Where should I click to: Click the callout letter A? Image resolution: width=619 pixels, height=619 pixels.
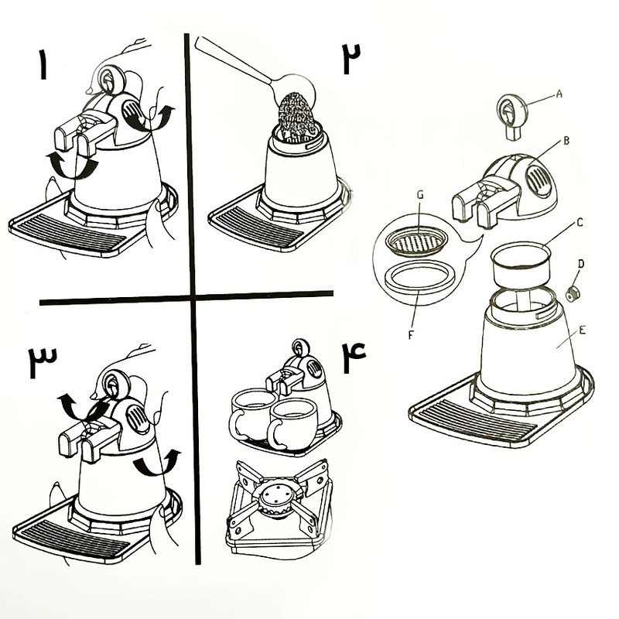coord(559,94)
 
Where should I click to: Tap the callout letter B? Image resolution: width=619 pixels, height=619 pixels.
coord(566,141)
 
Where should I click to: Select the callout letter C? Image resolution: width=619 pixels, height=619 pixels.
coord(580,223)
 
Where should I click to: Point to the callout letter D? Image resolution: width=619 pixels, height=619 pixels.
coord(580,264)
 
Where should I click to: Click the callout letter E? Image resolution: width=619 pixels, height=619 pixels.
coord(582,330)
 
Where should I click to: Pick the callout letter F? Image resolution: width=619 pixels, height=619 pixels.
coord(411,335)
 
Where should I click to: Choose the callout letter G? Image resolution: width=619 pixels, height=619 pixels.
coord(420,195)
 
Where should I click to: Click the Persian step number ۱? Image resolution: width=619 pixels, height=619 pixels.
coord(43,64)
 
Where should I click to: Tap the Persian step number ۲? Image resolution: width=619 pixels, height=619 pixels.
coord(351,58)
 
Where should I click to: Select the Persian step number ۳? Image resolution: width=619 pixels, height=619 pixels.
coord(43,361)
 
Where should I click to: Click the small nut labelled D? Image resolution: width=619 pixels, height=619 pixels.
coord(571,294)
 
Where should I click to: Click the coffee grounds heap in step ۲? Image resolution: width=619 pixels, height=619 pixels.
coord(296,115)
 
